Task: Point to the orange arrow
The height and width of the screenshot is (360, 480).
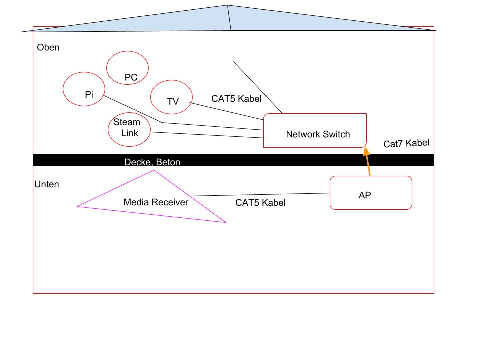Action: pyautogui.click(x=367, y=161)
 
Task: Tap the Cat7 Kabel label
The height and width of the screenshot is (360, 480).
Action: pyautogui.click(x=406, y=143)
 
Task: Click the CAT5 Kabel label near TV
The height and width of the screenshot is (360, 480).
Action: pyautogui.click(x=236, y=99)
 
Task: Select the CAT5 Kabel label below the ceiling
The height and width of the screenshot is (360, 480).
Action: pyautogui.click(x=260, y=202)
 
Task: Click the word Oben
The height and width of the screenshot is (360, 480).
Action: pyautogui.click(x=48, y=47)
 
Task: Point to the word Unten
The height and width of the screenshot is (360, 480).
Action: pyautogui.click(x=47, y=184)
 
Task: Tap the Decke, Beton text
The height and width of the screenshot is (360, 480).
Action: pyautogui.click(x=152, y=162)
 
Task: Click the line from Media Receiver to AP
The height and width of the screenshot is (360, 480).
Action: pyautogui.click(x=260, y=194)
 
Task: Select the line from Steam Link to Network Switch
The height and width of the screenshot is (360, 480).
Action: pyautogui.click(x=209, y=135)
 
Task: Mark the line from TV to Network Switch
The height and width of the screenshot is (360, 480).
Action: pyautogui.click(x=227, y=111)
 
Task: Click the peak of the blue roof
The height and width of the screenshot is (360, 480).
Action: pyautogui.click(x=227, y=5)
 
